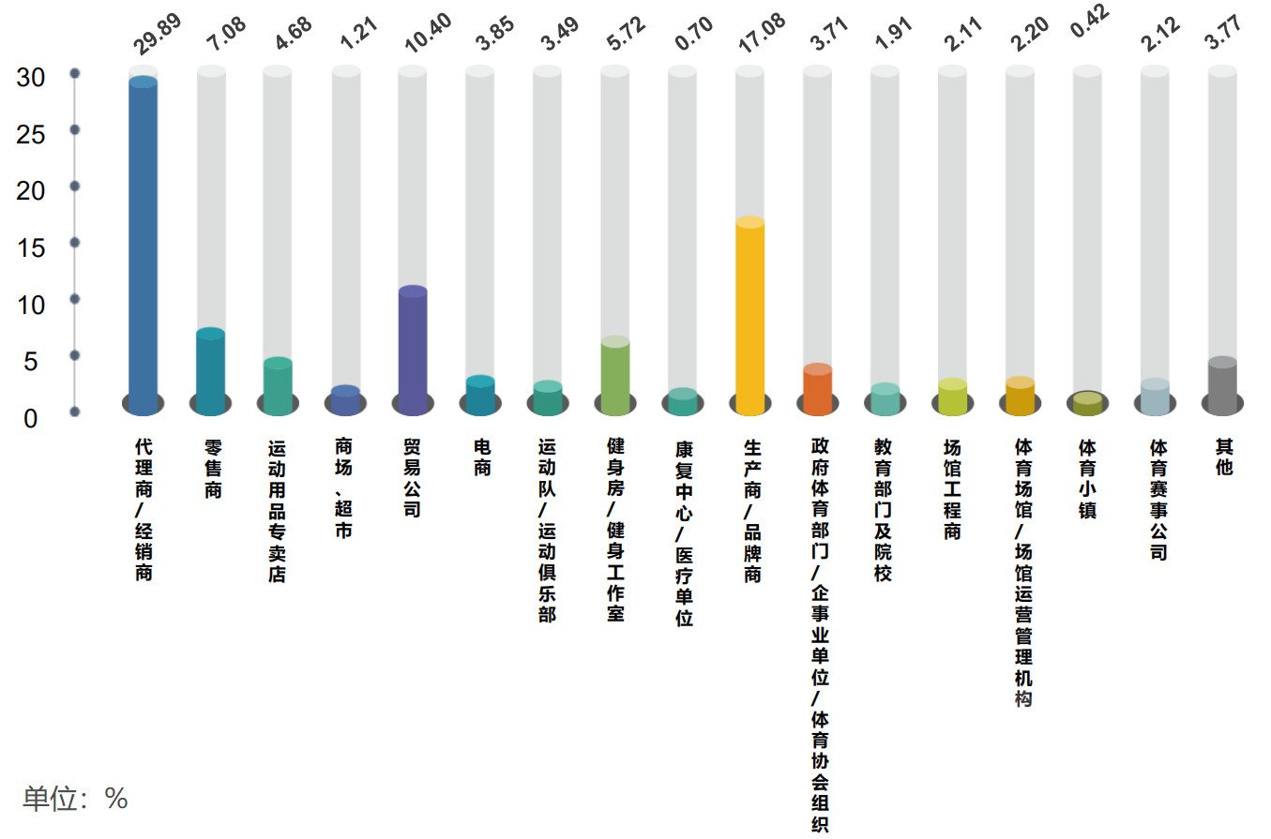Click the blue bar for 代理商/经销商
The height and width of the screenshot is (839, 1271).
tap(143, 246)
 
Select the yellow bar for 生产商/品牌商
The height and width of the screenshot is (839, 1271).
tap(750, 316)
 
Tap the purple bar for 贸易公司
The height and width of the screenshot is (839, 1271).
tap(413, 351)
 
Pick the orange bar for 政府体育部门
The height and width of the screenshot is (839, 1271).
tap(818, 389)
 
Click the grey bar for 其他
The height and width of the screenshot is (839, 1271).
tap(1223, 386)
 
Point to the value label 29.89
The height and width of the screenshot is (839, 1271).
tap(157, 34)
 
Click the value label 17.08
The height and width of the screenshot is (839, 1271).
tap(762, 33)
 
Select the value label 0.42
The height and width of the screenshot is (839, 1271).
tap(1089, 21)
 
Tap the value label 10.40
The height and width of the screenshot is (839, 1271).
tap(428, 33)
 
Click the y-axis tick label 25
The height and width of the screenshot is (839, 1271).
tap(31, 135)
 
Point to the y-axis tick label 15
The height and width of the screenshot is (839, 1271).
tap(31, 248)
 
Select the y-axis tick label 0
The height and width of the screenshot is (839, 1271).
tap(31, 419)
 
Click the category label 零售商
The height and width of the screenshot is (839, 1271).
tap(213, 469)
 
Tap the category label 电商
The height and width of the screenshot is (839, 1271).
tap(482, 457)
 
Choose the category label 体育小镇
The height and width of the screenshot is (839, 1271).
tap(1087, 479)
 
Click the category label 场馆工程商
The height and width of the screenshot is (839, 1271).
tap(952, 489)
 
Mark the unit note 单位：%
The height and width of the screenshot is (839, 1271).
tap(75, 799)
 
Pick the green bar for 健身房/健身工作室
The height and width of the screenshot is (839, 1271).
tap(615, 376)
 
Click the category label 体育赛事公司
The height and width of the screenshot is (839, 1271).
tap(1158, 500)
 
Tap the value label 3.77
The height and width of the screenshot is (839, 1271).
tap(1223, 32)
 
